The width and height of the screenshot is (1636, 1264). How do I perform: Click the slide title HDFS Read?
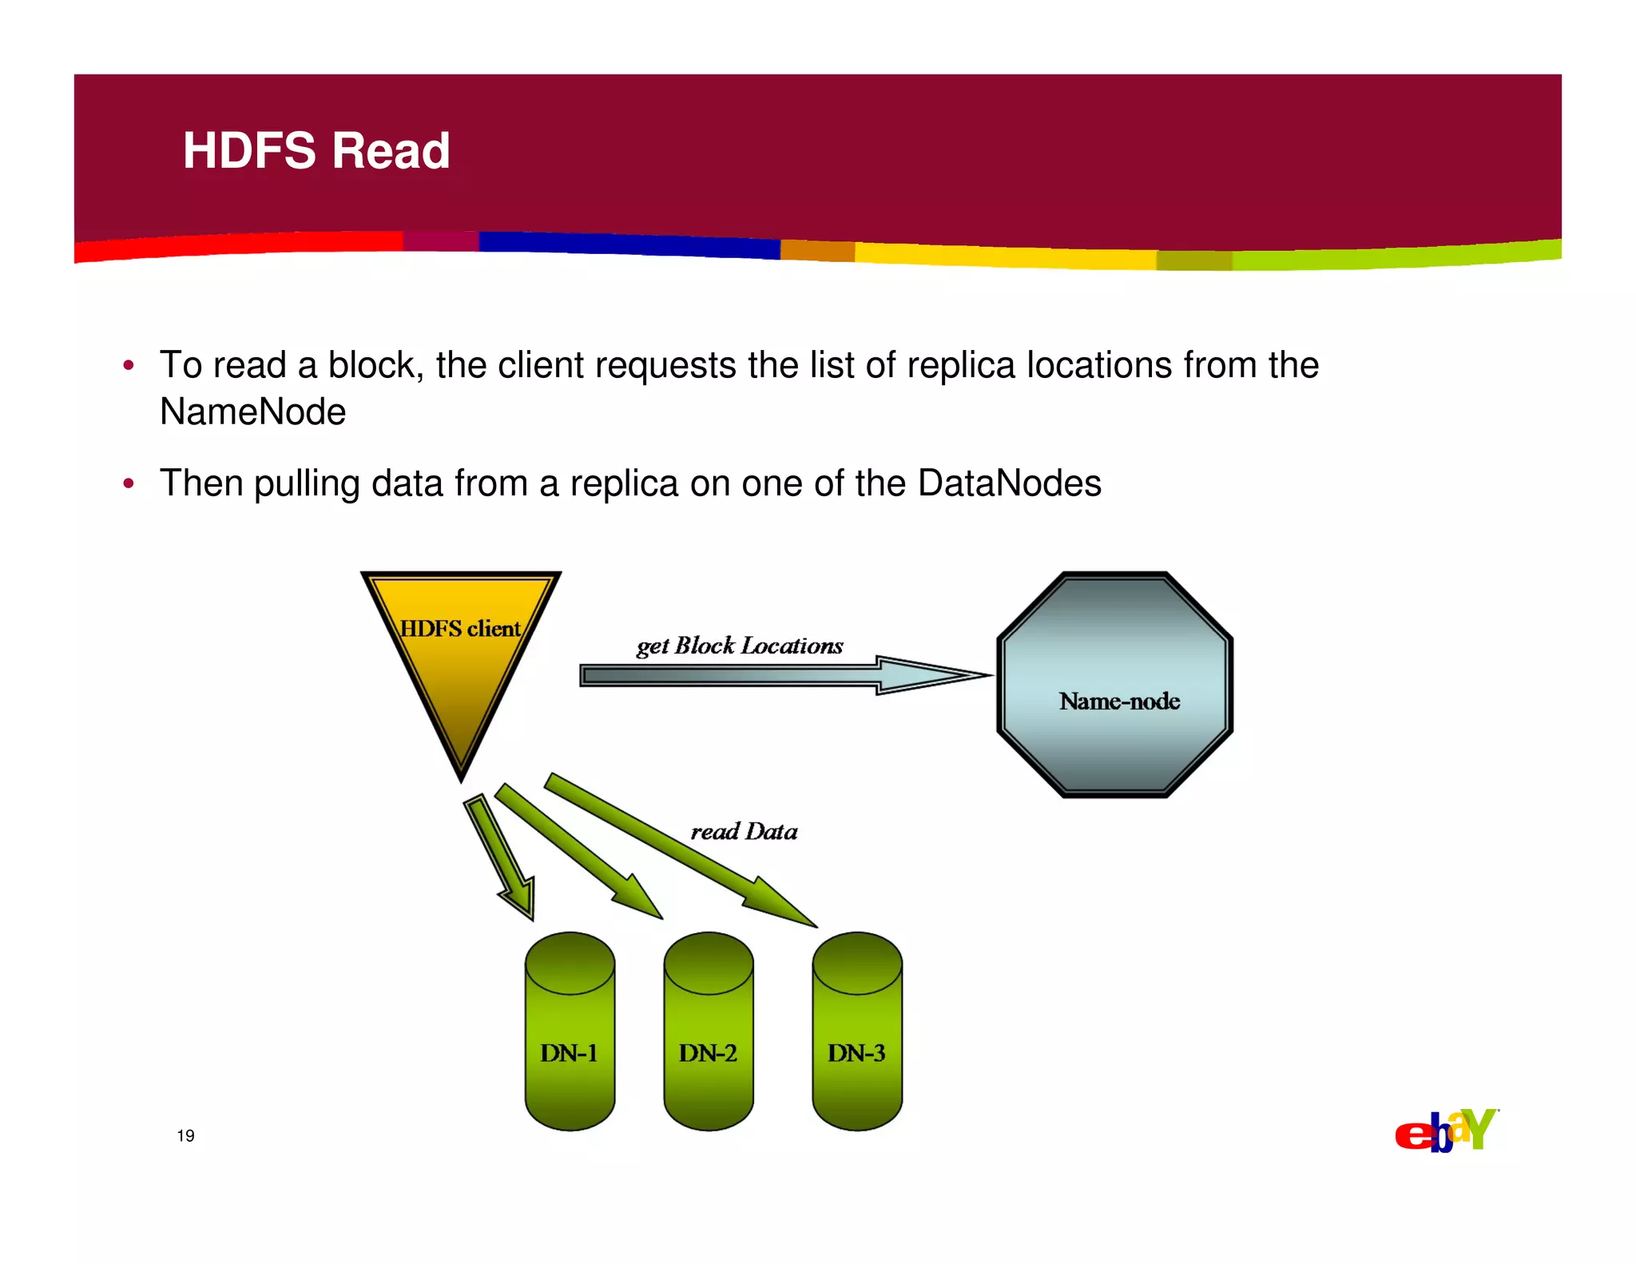click(x=316, y=150)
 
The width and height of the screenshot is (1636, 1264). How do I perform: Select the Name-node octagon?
click(x=1115, y=685)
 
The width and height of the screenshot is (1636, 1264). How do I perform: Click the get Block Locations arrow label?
click(x=740, y=646)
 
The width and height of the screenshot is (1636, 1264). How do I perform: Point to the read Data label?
click(x=744, y=832)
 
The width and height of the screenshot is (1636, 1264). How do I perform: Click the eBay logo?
click(x=1447, y=1131)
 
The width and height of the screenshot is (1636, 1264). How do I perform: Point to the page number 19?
click(x=185, y=1135)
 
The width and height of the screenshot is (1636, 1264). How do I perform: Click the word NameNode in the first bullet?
click(x=252, y=412)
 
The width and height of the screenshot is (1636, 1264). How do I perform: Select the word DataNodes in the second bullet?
click(x=1009, y=483)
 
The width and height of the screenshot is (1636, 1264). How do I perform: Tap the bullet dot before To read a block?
click(x=128, y=366)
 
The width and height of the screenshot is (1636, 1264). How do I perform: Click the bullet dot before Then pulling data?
click(x=128, y=484)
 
